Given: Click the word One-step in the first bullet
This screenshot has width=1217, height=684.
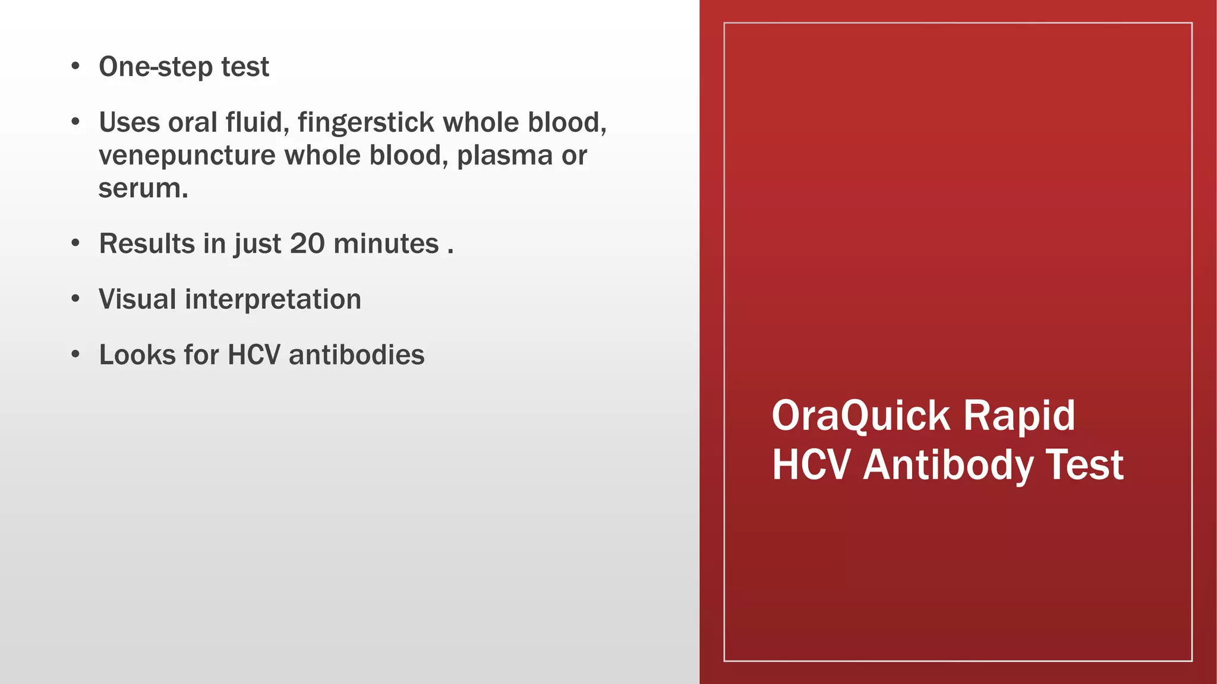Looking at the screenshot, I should tap(156, 67).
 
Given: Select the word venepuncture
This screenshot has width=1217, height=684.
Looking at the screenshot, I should tap(187, 156).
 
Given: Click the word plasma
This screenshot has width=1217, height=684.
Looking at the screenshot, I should tap(505, 156).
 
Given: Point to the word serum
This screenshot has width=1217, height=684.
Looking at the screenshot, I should tap(143, 189).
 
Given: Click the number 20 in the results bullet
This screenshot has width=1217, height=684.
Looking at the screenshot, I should tap(307, 244).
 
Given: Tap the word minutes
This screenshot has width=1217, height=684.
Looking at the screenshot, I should tap(386, 244).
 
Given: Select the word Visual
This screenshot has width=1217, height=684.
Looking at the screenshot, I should tap(137, 299).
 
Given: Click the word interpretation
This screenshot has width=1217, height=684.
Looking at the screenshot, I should tap(273, 300).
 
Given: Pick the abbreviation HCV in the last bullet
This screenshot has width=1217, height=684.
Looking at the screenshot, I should tap(254, 355).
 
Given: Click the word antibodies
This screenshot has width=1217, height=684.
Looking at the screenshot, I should tap(357, 355).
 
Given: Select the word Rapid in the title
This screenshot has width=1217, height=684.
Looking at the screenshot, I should tap(1019, 417).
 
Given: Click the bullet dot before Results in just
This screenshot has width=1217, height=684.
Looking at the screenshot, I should tap(75, 243).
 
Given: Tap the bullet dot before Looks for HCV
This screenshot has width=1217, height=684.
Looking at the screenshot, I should tap(75, 354).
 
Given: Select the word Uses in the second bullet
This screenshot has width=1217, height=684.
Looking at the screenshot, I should tap(129, 123).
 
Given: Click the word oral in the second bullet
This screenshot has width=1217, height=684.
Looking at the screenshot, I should tap(192, 123).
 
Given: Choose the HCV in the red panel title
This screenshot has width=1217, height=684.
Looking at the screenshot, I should tap(811, 465).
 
